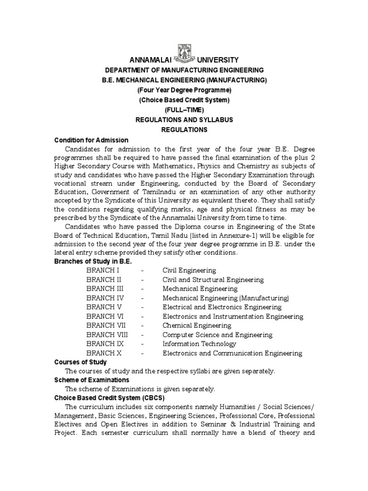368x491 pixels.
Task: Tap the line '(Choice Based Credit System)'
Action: pos(184,100)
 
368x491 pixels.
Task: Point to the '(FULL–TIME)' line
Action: pos(184,110)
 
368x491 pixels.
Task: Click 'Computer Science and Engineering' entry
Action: pos(218,335)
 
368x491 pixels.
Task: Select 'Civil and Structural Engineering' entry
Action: pos(213,280)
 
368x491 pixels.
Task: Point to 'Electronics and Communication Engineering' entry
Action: pos(232,353)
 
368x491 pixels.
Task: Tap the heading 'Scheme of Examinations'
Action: pos(92,380)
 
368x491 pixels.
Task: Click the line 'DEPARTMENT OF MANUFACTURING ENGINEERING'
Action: pos(184,70)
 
